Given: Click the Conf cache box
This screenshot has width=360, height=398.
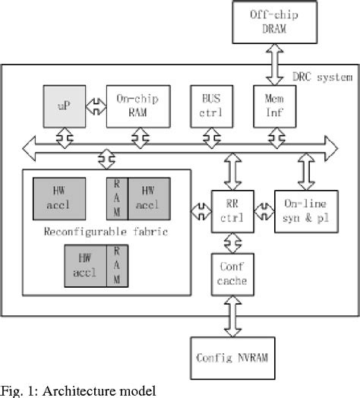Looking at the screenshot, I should coord(231,274).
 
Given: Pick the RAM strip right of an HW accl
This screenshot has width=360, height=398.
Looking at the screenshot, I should coord(118,266).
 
